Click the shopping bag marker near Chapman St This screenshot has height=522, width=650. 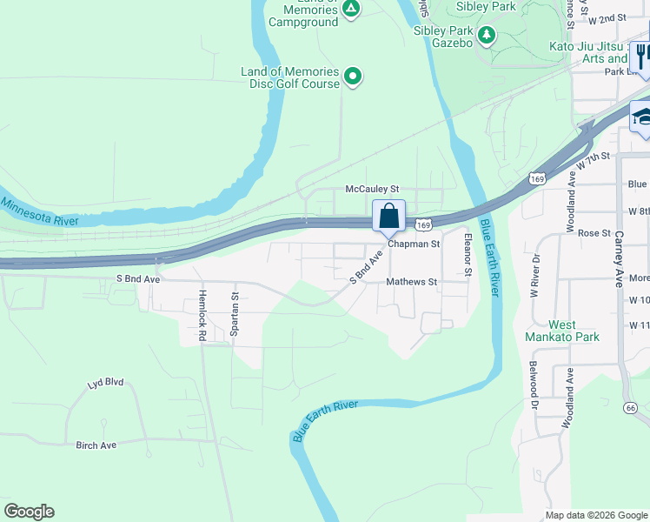(x=389, y=216)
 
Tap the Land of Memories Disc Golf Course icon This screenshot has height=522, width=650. (x=353, y=77)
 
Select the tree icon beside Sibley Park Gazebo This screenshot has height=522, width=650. (x=487, y=36)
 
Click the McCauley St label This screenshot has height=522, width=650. (x=371, y=189)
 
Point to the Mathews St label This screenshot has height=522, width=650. (x=411, y=282)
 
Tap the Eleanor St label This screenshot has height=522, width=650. (x=468, y=255)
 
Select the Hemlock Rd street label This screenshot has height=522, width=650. (x=202, y=315)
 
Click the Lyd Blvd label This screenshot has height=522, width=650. (x=106, y=382)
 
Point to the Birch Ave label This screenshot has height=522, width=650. (x=96, y=445)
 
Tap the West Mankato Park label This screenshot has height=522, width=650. (x=562, y=330)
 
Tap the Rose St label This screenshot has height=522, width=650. (x=594, y=233)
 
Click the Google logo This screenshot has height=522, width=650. (x=29, y=512)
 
